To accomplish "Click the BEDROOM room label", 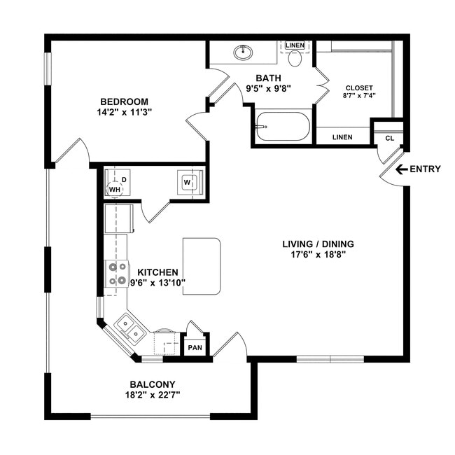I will click(124, 101).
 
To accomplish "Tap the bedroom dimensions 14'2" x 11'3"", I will click(124, 112).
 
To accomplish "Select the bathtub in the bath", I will click(282, 127).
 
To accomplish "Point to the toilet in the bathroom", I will click(295, 57).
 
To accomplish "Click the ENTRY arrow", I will click(400, 169).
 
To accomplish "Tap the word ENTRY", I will click(425, 169).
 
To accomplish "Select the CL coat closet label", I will click(389, 138).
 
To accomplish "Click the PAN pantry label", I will click(194, 347).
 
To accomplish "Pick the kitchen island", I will click(202, 266).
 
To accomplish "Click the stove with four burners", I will click(117, 274).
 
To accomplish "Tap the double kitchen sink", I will click(130, 329).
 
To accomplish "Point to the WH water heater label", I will click(113, 190).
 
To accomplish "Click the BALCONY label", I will click(152, 384).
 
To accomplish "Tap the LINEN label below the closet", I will click(342, 137).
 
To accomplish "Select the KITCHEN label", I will click(157, 272).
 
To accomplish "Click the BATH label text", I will click(268, 78).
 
